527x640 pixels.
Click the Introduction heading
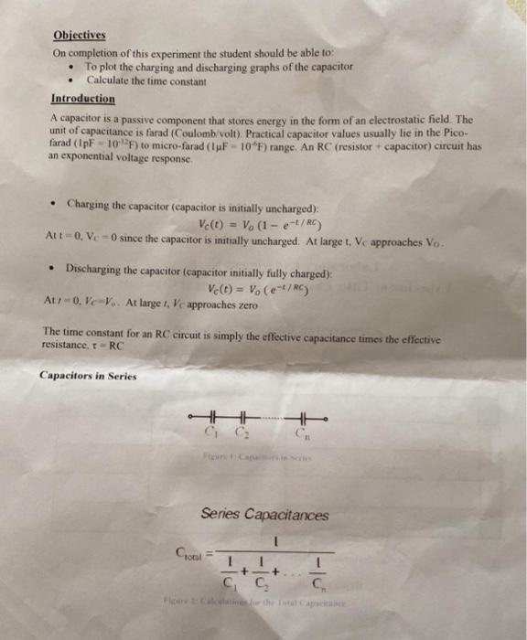pyautogui.click(x=83, y=98)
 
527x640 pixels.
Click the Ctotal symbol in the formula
pyautogui.click(x=189, y=554)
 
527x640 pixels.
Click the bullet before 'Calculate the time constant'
pyautogui.click(x=71, y=80)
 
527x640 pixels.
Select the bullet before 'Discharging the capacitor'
pyautogui.click(x=56, y=270)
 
